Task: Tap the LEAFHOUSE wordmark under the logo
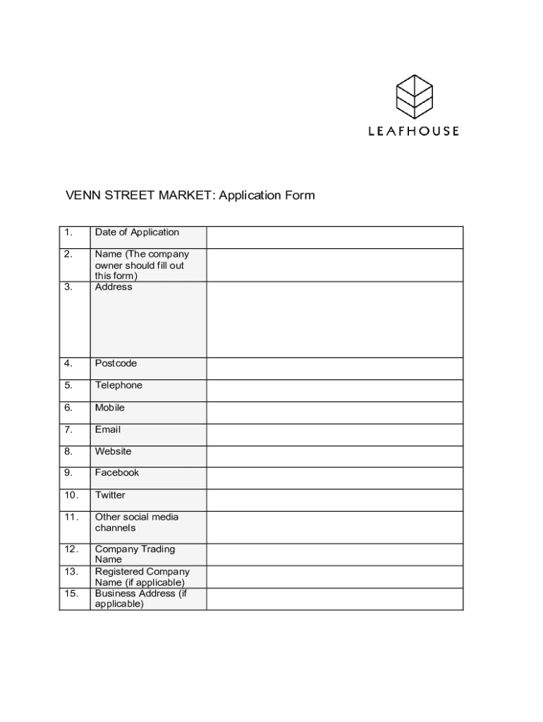(x=414, y=131)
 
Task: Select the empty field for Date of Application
(x=334, y=237)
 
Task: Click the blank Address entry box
(x=334, y=319)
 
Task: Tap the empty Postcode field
(x=334, y=369)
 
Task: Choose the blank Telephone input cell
(x=334, y=391)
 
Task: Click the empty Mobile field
(x=334, y=412)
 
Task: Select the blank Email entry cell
(x=334, y=434)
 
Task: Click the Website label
(x=113, y=451)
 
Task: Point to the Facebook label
(x=117, y=472)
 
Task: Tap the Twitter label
(x=110, y=495)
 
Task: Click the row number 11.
(x=71, y=517)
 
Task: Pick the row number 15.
(x=71, y=594)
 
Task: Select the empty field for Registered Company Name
(x=334, y=577)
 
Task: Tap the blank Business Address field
(x=334, y=599)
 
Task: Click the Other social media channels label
(x=136, y=522)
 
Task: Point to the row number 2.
(x=68, y=254)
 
